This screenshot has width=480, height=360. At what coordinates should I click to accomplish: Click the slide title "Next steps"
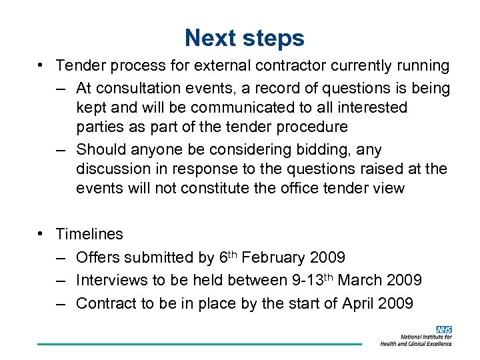coord(244,38)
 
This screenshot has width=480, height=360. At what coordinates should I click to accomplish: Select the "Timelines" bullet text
coord(89,234)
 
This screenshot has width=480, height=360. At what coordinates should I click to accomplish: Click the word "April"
coord(358,303)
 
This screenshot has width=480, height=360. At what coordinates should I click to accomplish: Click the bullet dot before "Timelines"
coord(41,233)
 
